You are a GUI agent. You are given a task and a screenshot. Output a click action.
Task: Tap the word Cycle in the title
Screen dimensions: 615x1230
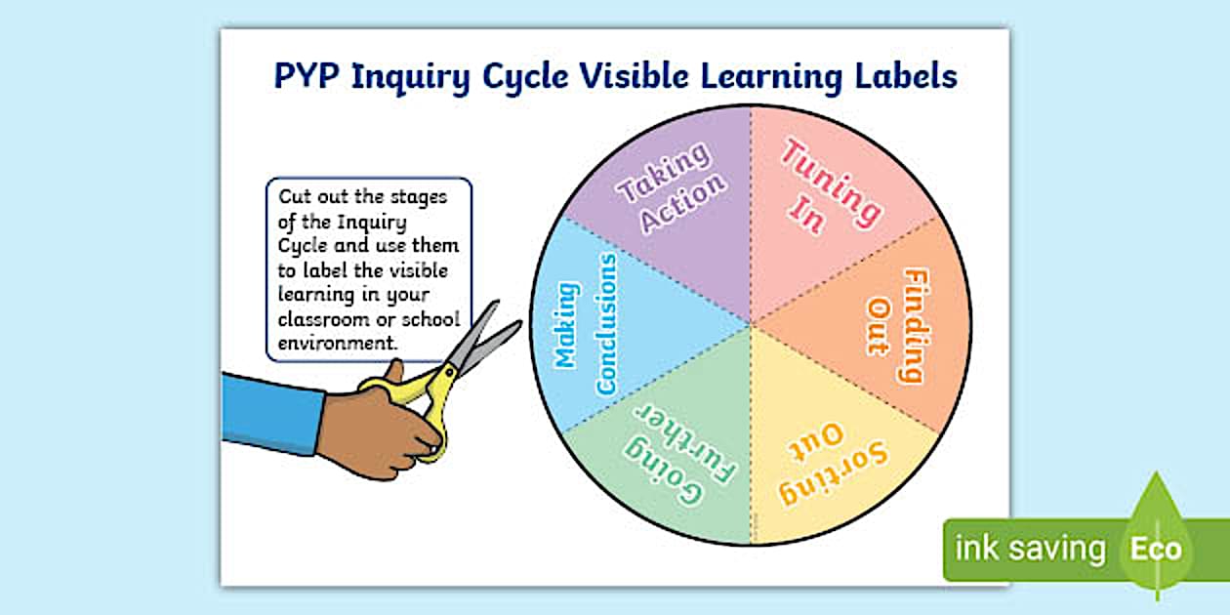click(532, 77)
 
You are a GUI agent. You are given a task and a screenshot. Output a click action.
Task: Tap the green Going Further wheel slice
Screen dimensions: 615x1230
click(674, 459)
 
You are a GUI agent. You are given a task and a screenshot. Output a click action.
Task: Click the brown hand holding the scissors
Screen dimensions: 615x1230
click(371, 430)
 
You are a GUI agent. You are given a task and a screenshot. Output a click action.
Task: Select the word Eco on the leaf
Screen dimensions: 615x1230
click(1156, 549)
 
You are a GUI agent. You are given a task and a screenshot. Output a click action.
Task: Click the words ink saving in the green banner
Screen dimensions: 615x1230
click(1029, 549)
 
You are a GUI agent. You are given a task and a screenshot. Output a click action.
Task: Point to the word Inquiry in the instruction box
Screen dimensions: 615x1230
click(363, 222)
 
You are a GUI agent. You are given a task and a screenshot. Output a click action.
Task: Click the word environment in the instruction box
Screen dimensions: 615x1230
click(338, 344)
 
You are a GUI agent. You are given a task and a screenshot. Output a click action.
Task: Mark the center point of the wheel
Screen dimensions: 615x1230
click(751, 324)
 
